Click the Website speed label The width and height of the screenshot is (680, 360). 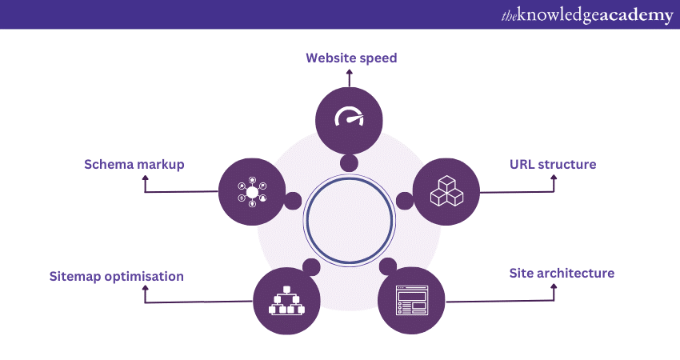(x=351, y=58)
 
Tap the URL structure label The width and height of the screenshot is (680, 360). (x=553, y=165)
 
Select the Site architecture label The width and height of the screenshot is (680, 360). (x=562, y=273)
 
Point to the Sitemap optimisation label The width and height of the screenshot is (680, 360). (x=116, y=277)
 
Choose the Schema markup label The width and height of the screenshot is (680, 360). (x=134, y=164)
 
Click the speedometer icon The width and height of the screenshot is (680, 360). (x=349, y=118)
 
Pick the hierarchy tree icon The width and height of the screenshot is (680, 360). (x=286, y=300)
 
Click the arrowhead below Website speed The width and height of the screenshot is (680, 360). (x=349, y=72)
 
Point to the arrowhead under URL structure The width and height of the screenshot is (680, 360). (x=554, y=178)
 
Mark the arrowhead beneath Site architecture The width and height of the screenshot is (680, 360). (x=554, y=287)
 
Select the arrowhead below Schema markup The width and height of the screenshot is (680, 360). (x=145, y=178)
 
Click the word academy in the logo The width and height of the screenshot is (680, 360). (x=633, y=15)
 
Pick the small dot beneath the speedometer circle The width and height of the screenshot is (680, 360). (x=349, y=163)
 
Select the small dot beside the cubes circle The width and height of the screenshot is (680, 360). (x=405, y=200)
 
